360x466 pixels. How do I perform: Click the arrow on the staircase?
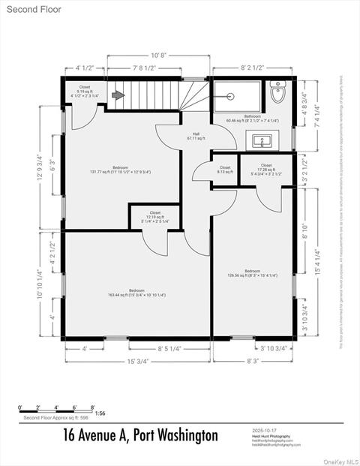tap(117, 95)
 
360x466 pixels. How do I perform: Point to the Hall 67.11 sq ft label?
tap(195, 136)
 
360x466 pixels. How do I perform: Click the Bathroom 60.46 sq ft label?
tap(252, 118)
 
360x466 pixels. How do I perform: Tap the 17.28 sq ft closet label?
tap(266, 167)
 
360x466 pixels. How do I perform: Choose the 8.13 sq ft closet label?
tap(225, 170)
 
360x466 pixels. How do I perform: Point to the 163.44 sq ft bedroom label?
tap(136, 293)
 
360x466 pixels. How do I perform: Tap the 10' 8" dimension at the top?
tap(159, 56)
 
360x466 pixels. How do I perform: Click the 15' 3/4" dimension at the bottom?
tap(138, 362)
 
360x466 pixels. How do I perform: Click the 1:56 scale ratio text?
tap(100, 413)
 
